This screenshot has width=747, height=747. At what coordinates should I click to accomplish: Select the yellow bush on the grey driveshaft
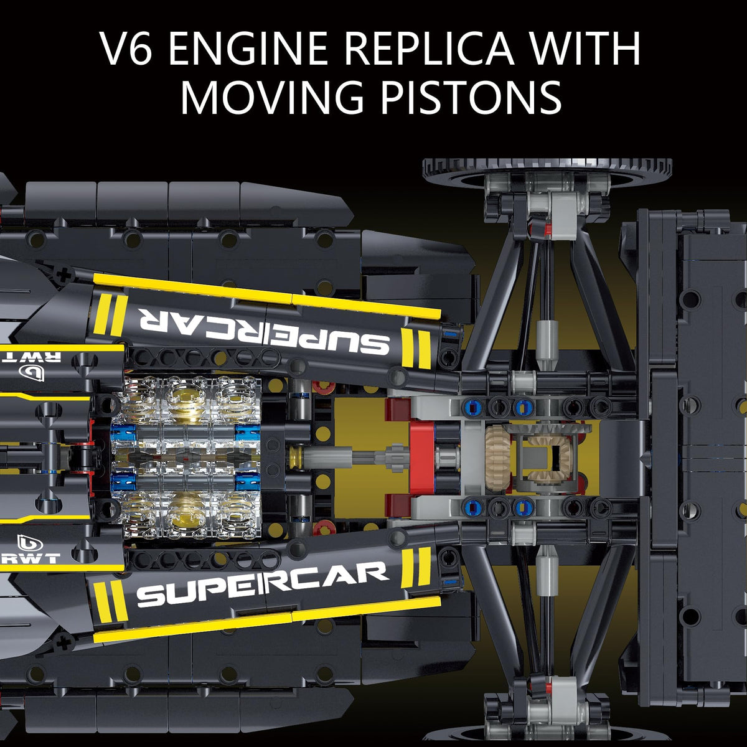tap(295, 458)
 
